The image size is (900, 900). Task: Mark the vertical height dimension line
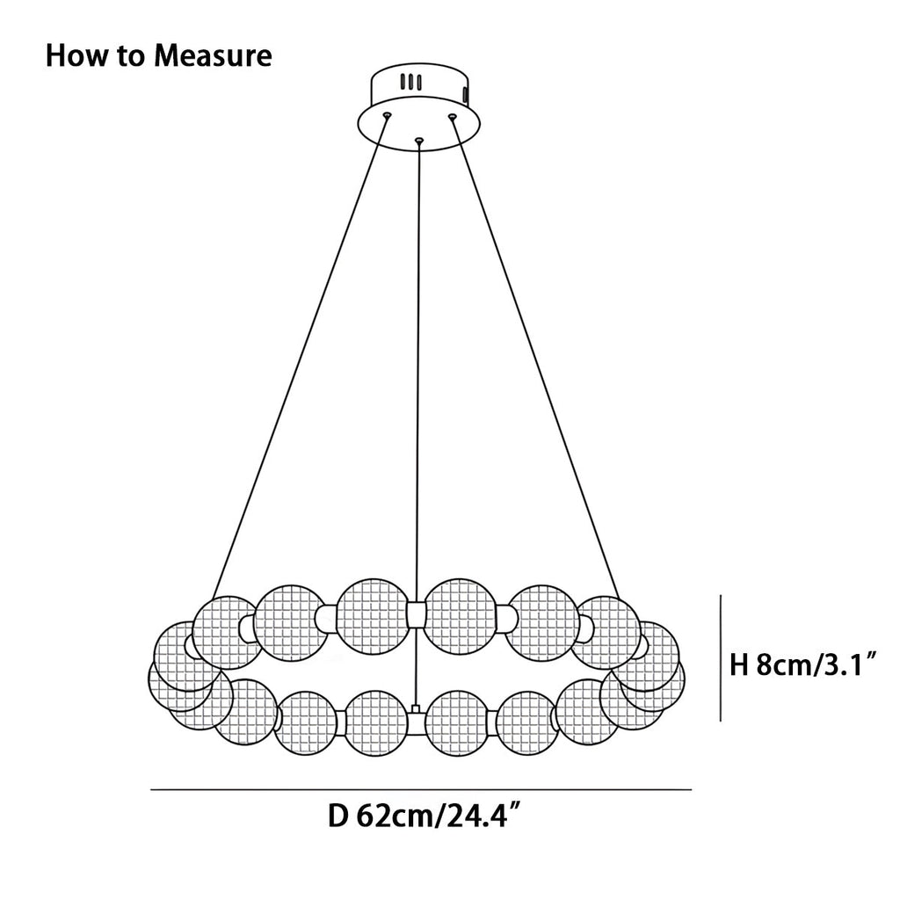tap(721, 657)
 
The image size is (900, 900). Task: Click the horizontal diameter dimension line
tap(422, 790)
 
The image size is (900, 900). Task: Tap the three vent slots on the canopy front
tap(410, 83)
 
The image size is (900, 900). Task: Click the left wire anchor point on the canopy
tap(386, 115)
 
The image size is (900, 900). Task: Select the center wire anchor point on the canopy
tap(419, 139)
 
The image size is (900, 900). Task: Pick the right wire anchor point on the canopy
tap(453, 115)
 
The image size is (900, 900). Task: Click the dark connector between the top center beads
tap(417, 614)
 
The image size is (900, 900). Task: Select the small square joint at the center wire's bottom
tap(414, 708)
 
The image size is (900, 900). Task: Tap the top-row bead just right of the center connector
tap(461, 615)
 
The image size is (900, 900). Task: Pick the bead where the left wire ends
tap(227, 631)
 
